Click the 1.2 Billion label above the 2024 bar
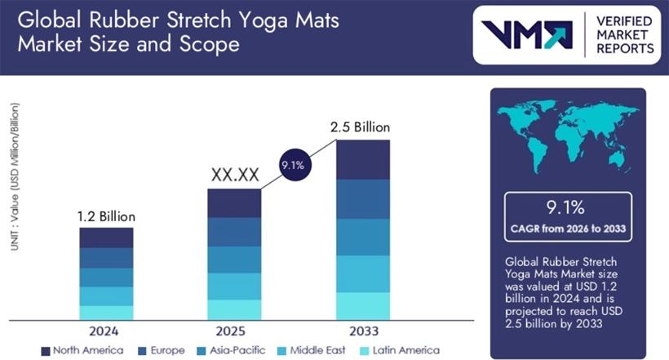point(106,216)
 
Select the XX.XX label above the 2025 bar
point(235,175)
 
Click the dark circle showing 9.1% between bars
point(294,165)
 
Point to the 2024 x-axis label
point(105,331)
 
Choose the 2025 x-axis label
point(234,331)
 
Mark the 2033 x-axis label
point(362,331)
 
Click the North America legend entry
point(82,350)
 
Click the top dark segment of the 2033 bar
point(363,159)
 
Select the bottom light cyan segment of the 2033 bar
point(363,305)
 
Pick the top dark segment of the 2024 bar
point(106,238)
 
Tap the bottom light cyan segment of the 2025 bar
point(234,309)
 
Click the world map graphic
point(568,139)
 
